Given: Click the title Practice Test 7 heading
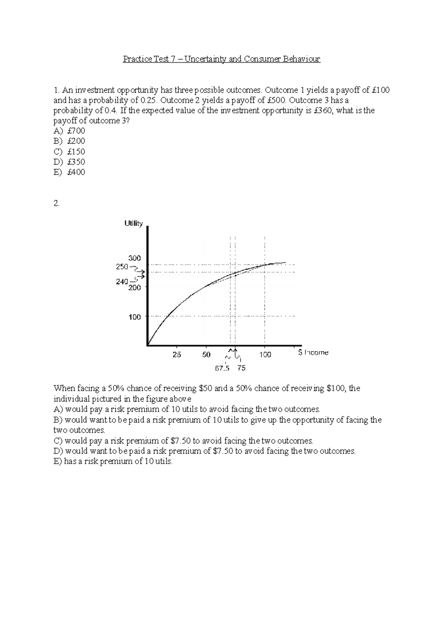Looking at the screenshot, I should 221,59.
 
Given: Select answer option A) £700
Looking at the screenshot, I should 69,131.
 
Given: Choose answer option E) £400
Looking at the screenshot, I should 69,172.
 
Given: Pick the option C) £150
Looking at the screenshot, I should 69,151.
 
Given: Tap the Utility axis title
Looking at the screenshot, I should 133,223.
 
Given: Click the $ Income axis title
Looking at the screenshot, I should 313,353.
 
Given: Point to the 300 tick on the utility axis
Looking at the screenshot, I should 134,258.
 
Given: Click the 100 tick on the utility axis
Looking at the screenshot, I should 134,317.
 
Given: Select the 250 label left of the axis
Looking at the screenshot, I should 122,267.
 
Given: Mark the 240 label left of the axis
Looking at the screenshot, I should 122,281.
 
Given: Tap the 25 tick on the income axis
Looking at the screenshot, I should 177,354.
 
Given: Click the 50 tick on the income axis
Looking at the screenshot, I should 206,354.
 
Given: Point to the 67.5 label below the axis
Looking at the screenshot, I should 222,368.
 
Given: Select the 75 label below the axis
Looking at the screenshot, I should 241,368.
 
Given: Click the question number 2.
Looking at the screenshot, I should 56,203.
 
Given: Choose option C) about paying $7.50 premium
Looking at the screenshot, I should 183,441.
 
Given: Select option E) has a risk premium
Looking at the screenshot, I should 113,461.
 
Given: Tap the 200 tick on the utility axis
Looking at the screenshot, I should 134,288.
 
